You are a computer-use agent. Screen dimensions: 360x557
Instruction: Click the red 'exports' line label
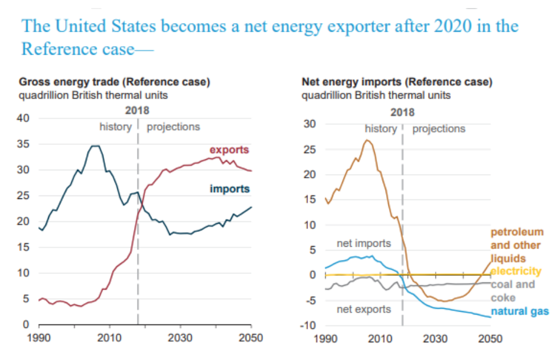(229, 150)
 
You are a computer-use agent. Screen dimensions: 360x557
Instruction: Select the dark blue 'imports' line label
(230, 189)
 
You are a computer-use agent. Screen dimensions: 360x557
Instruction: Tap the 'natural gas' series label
(520, 311)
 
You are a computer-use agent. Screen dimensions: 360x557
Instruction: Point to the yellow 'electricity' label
(516, 271)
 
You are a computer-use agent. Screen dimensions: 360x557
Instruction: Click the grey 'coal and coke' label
(512, 291)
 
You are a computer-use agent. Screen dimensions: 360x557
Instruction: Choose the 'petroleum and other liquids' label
(517, 246)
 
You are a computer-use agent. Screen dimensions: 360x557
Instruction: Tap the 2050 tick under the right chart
(490, 338)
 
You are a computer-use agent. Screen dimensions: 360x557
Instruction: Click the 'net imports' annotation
(364, 243)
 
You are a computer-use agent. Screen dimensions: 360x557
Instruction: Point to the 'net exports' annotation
(364, 309)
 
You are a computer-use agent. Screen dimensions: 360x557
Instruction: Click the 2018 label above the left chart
(138, 111)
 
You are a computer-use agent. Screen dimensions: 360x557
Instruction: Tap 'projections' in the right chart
(438, 129)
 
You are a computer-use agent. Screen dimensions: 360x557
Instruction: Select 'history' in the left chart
(115, 127)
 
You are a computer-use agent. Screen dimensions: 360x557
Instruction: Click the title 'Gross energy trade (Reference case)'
(115, 82)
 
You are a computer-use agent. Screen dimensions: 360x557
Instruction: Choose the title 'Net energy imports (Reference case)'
(397, 82)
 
